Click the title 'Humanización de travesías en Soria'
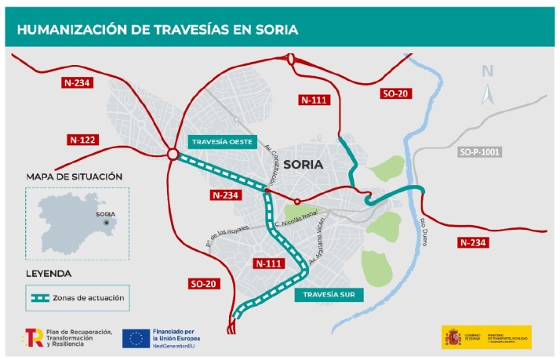tap(157, 31)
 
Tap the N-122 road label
tap(82, 140)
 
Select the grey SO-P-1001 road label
tap(479, 151)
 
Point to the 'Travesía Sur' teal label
tap(322, 296)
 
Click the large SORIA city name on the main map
tap(307, 165)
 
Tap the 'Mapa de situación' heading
tap(74, 176)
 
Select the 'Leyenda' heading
tap(49, 274)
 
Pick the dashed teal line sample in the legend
tap(40, 298)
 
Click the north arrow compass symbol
tap(487, 93)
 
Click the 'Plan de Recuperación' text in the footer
tap(79, 333)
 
